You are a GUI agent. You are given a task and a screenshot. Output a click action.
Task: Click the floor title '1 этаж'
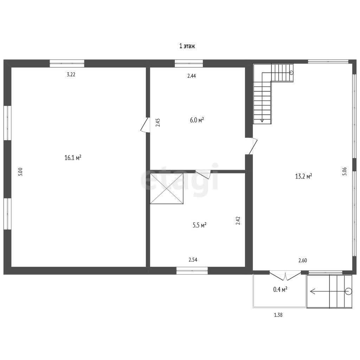187,46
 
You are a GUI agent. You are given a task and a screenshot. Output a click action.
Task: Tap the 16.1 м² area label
73,158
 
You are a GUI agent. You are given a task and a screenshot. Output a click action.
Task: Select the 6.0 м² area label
197,120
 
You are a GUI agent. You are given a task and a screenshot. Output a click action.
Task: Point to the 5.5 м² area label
200,225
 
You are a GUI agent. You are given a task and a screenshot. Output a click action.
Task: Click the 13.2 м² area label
303,176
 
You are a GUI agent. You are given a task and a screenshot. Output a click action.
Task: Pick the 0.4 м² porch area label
280,290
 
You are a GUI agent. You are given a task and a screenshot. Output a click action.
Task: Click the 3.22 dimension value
71,75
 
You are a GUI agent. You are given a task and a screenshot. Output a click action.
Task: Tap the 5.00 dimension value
21,172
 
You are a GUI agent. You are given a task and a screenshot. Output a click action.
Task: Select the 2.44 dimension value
192,76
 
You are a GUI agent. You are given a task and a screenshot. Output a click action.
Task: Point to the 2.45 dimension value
158,122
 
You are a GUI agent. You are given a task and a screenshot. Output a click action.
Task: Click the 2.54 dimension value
193,260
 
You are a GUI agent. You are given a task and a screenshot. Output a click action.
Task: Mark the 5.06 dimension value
345,172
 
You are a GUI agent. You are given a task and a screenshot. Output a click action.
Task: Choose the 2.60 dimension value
303,261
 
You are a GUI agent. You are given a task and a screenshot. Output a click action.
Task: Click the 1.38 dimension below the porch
278,315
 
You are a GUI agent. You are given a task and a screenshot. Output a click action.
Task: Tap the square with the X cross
166,188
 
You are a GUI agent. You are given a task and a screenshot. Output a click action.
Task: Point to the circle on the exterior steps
348,291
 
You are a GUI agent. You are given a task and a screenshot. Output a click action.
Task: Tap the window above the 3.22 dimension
67,63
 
